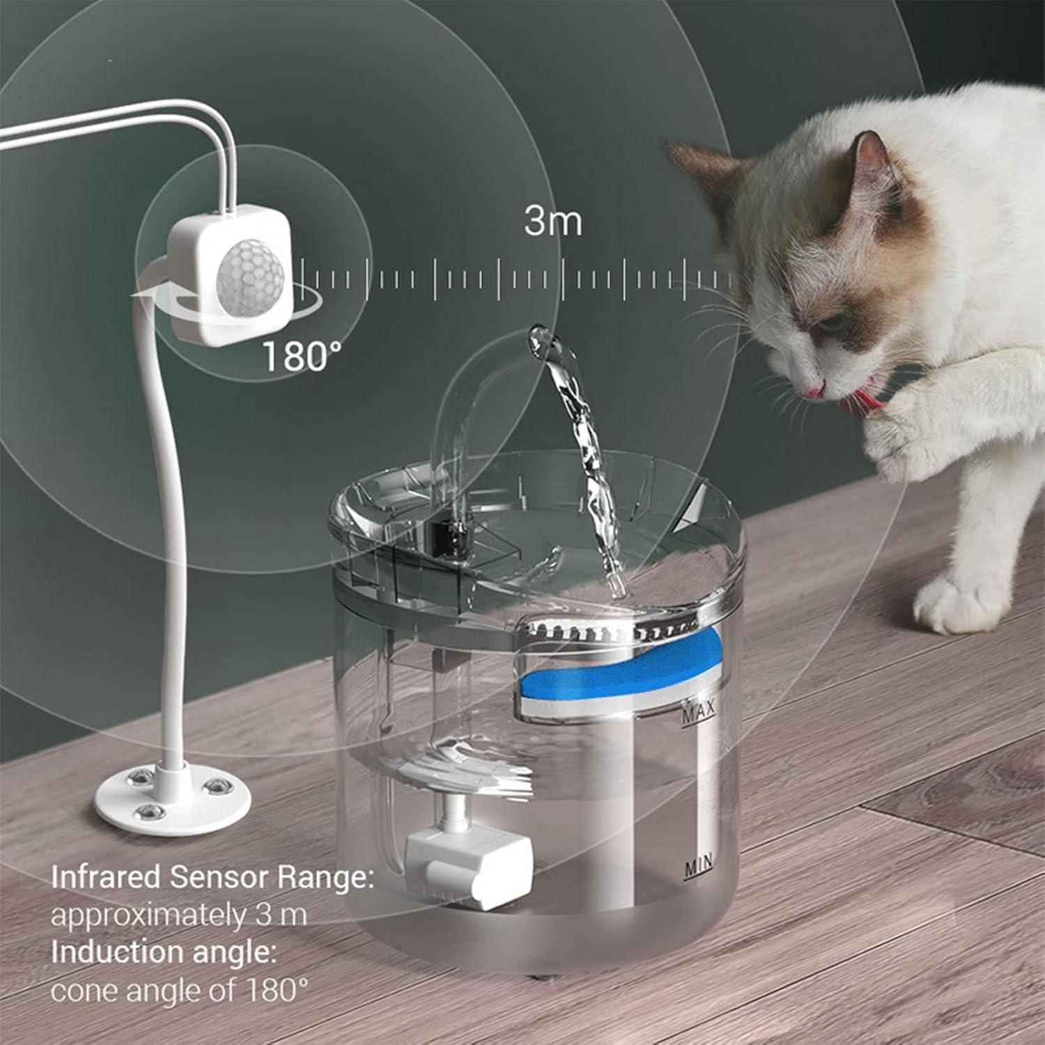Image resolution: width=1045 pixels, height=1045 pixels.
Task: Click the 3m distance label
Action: pyautogui.click(x=552, y=222)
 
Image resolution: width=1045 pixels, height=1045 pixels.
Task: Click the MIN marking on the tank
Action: pyautogui.click(x=699, y=867)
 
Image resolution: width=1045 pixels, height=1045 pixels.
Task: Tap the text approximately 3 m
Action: pyautogui.click(x=179, y=915)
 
